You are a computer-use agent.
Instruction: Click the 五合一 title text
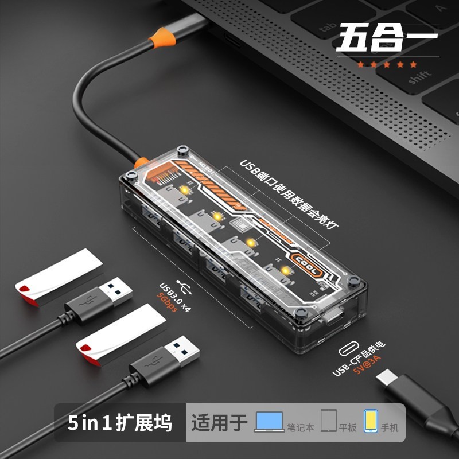click(x=387, y=38)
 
